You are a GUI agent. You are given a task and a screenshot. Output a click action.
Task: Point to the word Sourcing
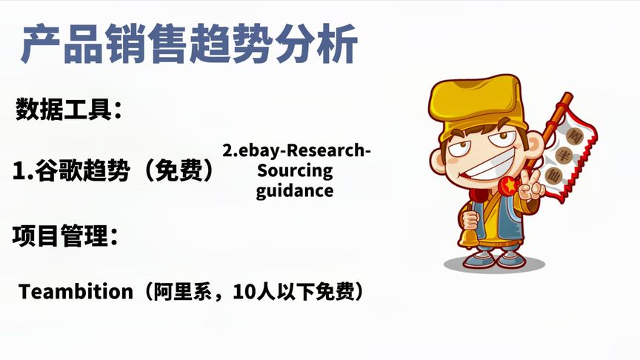point(295,171)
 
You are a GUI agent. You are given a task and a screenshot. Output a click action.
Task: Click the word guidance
point(295,190)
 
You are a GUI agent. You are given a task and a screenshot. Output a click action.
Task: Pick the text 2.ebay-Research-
point(296,151)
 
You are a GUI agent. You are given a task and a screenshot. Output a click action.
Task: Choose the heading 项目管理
point(64,236)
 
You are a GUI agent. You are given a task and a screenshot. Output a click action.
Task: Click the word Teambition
point(75,292)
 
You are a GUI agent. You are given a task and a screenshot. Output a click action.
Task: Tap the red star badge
point(508,185)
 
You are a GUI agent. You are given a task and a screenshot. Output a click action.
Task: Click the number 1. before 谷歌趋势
point(21,171)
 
